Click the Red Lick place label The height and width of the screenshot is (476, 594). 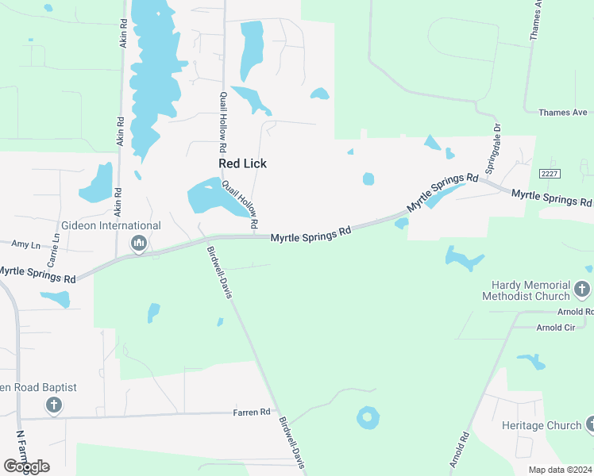coord(242,163)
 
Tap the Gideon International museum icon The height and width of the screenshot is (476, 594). coord(139,243)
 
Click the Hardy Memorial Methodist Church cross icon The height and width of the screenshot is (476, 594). coord(583,290)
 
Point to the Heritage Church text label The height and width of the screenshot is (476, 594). coord(542,425)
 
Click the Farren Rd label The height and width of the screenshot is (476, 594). coord(252,413)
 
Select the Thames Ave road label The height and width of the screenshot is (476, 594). coord(563,113)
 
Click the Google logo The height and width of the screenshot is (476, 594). coord(26,466)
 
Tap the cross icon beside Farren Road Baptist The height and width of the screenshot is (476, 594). coord(53,406)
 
